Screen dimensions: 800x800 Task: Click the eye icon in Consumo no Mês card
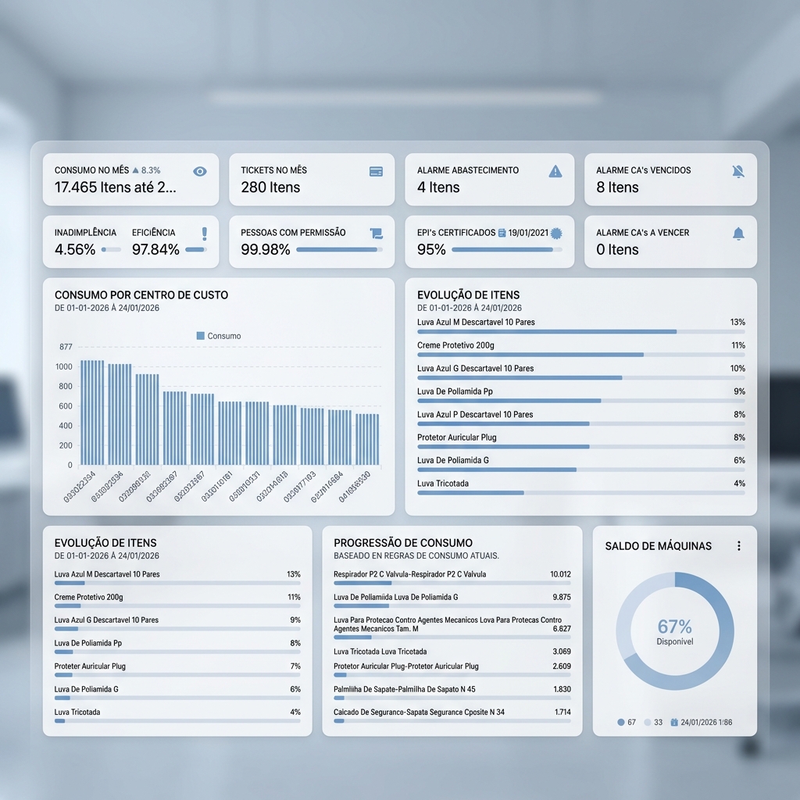click(200, 171)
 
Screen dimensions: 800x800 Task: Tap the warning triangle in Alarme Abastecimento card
click(555, 171)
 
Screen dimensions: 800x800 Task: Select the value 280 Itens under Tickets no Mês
click(270, 187)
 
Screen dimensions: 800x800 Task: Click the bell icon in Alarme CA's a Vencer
click(738, 234)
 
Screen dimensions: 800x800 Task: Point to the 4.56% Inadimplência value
click(75, 250)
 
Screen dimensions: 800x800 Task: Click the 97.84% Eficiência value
click(155, 250)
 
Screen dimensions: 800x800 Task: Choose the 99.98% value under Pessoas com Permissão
click(266, 250)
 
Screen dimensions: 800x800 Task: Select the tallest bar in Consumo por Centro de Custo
click(92, 412)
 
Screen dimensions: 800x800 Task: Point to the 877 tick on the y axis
click(66, 347)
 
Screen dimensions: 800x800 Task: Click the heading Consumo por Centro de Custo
click(141, 295)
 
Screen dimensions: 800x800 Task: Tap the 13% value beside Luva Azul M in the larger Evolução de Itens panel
click(737, 323)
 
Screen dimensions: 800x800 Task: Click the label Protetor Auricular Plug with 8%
click(457, 437)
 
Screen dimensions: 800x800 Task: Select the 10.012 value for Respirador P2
click(560, 574)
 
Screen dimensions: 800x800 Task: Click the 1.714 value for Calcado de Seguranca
click(562, 712)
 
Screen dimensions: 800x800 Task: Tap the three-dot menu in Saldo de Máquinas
click(739, 546)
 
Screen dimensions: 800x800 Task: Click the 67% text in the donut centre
click(674, 627)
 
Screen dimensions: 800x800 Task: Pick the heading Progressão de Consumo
click(403, 543)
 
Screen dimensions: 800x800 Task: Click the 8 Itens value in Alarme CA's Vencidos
click(617, 187)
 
